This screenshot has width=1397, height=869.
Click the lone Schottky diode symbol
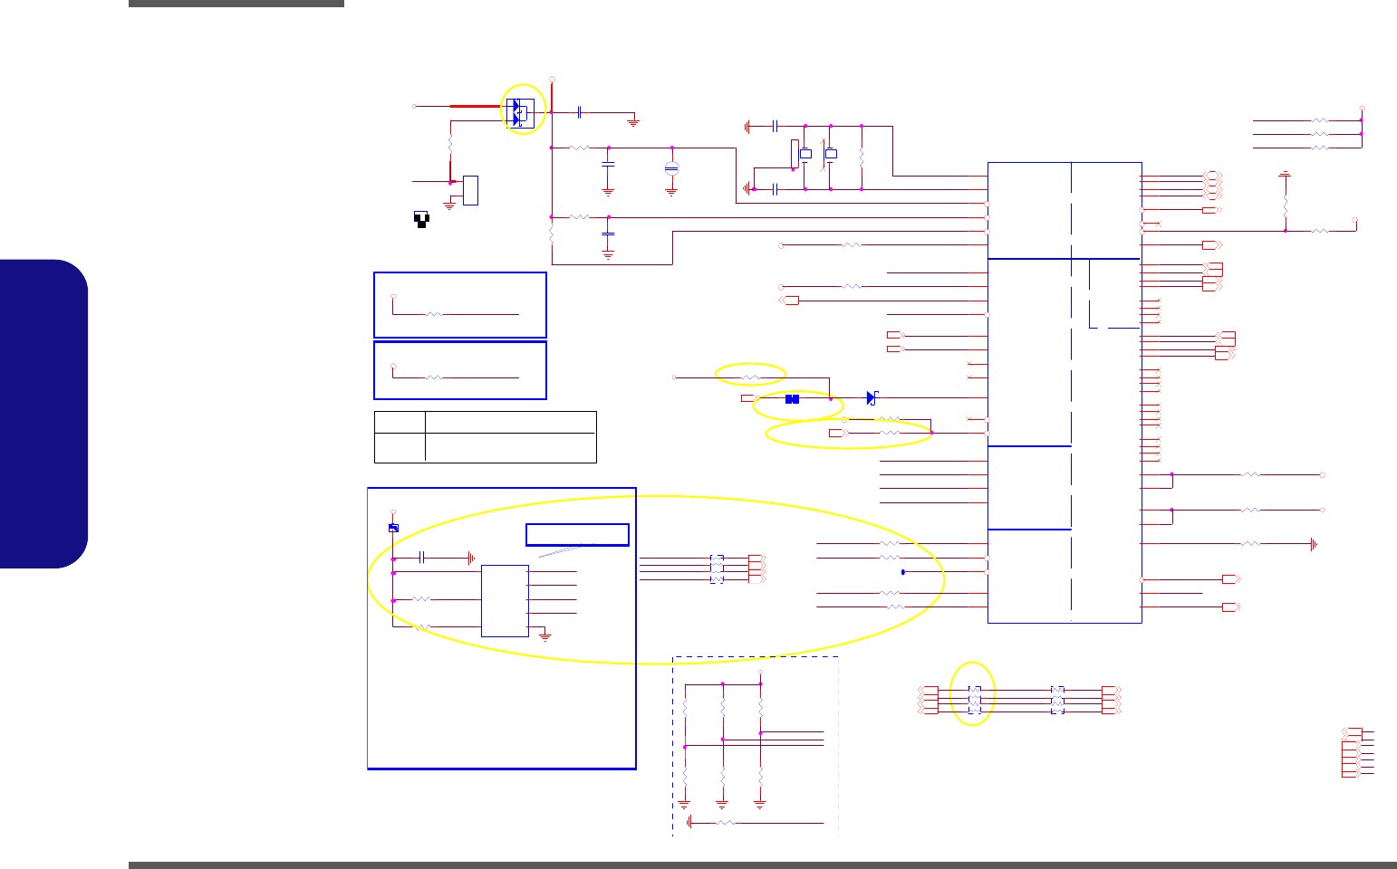(x=872, y=397)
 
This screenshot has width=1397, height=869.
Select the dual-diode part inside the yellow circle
(x=519, y=112)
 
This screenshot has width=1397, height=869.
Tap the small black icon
(x=421, y=218)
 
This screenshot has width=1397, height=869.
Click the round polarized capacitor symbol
(x=671, y=168)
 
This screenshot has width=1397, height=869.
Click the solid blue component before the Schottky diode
(x=792, y=399)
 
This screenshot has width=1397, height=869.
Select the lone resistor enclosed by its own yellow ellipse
(x=750, y=377)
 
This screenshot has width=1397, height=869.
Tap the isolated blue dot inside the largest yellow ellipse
(x=903, y=572)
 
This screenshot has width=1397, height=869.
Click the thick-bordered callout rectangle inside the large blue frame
(x=577, y=534)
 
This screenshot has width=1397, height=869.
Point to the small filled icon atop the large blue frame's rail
(x=393, y=528)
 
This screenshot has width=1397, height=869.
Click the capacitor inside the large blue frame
(x=423, y=558)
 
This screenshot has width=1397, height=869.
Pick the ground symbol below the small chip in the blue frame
(x=545, y=636)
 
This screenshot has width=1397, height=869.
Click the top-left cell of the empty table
(x=400, y=422)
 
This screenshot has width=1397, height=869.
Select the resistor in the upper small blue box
(x=435, y=313)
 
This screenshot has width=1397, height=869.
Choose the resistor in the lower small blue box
(x=435, y=377)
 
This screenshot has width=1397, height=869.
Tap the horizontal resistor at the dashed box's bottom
(x=725, y=823)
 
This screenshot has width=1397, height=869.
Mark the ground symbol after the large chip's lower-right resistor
(x=1313, y=544)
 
